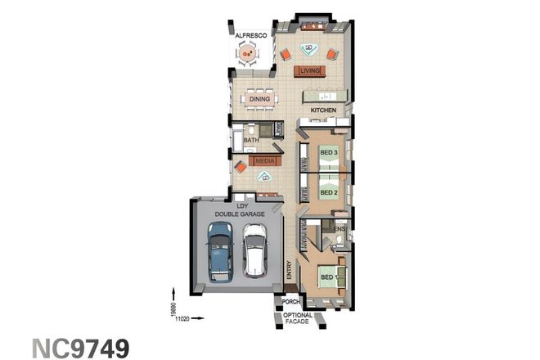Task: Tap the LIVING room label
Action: click(309, 71)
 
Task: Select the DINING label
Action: click(260, 99)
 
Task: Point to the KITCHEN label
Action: click(323, 110)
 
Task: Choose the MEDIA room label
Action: click(264, 161)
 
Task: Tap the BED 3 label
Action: click(329, 153)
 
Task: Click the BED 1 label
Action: click(329, 278)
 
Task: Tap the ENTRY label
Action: click(289, 271)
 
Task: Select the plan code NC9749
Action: click(80, 346)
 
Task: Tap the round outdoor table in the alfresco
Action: click(247, 54)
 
